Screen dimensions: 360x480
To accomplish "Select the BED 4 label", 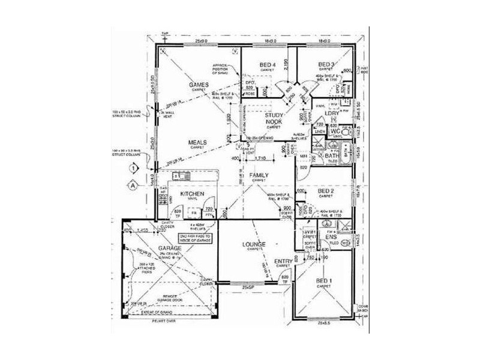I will point(268,65).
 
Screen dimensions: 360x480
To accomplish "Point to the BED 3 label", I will point(326,65).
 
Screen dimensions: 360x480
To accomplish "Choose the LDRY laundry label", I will point(332,113).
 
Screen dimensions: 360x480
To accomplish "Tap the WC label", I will point(336,130).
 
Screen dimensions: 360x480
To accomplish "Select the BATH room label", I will point(332,156).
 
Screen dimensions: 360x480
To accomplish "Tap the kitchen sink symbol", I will point(181,176).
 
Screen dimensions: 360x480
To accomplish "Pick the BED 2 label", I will point(326,191).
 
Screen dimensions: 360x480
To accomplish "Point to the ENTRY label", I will point(283,262).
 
